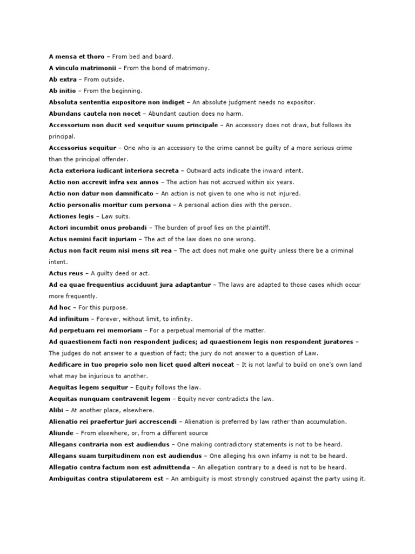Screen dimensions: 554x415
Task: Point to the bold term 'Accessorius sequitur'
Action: click(x=82, y=148)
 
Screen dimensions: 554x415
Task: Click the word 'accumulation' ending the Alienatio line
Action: click(x=327, y=421)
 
